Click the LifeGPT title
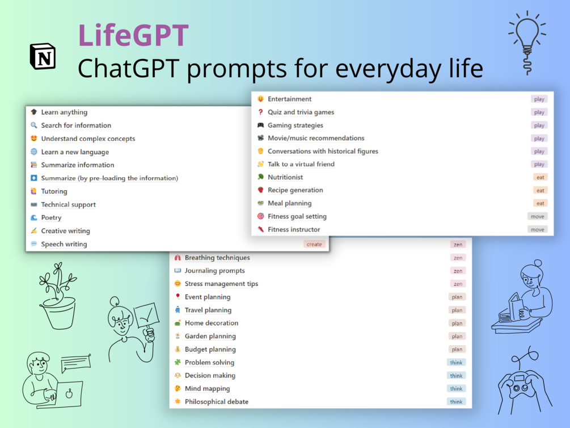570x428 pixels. tap(133, 35)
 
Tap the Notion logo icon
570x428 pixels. tap(43, 56)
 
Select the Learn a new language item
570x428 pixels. tap(75, 152)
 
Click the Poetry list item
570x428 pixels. tap(51, 217)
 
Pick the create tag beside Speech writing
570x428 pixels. tap(314, 244)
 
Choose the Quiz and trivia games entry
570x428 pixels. tap(301, 112)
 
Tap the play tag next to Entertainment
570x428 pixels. tap(539, 99)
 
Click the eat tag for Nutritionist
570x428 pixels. tap(540, 177)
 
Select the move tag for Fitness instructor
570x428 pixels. tap(537, 229)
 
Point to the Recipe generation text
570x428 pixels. tap(295, 190)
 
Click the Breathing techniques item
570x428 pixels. tap(217, 258)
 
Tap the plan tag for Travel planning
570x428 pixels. tap(457, 310)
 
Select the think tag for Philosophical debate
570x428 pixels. tap(456, 402)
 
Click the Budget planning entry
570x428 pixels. tap(210, 350)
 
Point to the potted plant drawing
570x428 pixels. tap(58, 296)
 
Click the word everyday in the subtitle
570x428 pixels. tap(388, 69)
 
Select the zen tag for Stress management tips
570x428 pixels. tap(458, 284)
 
